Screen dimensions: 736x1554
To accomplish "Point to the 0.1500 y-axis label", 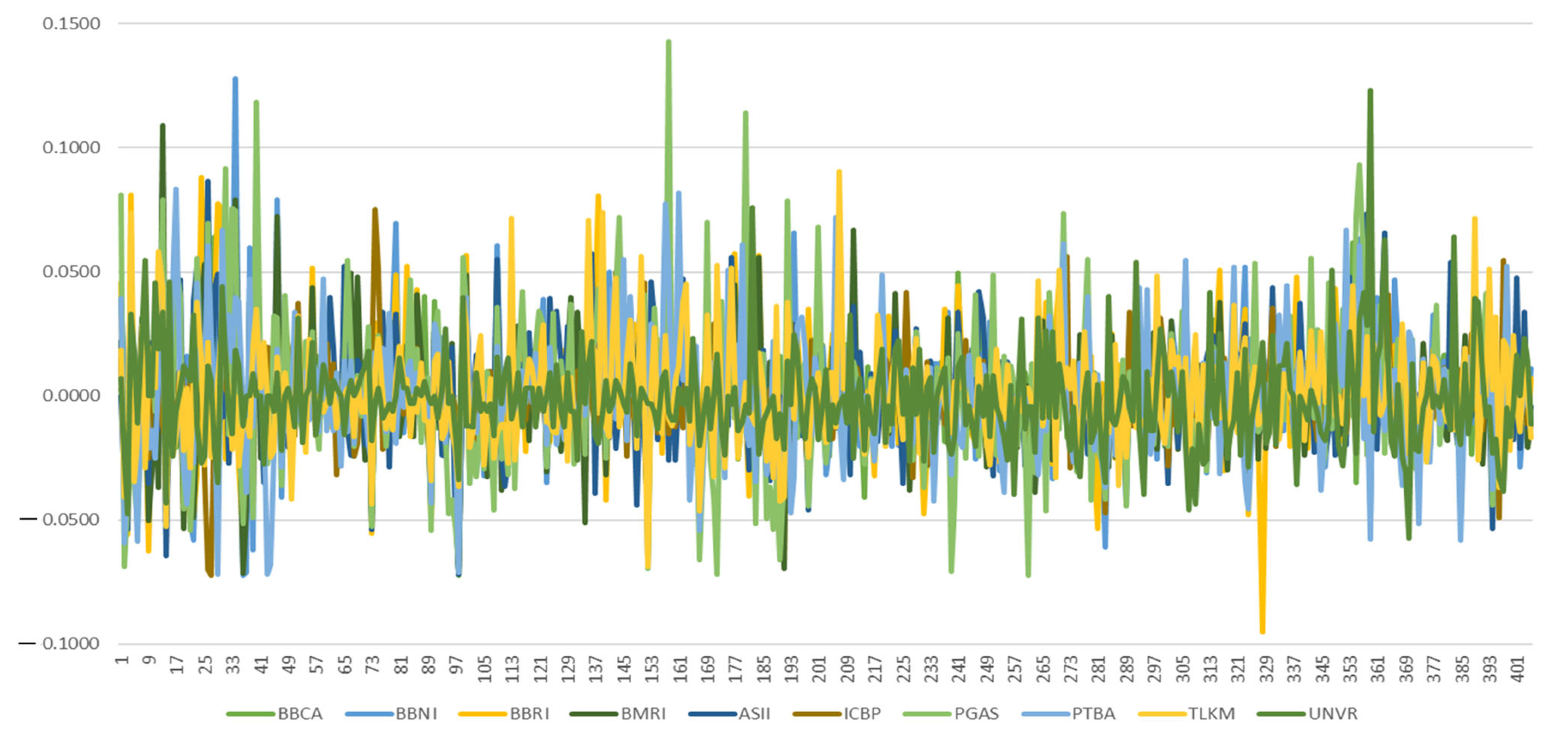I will (71, 24).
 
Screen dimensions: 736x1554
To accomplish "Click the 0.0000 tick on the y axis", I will (71, 396).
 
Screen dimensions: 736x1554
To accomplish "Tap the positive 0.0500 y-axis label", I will (71, 272).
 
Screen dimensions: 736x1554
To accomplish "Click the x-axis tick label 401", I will (1519, 669).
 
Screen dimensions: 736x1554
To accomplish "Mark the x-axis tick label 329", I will (1267, 669).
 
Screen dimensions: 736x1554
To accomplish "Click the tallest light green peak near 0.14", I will (668, 42).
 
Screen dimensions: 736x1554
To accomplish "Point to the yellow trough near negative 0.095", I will (1262, 631).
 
